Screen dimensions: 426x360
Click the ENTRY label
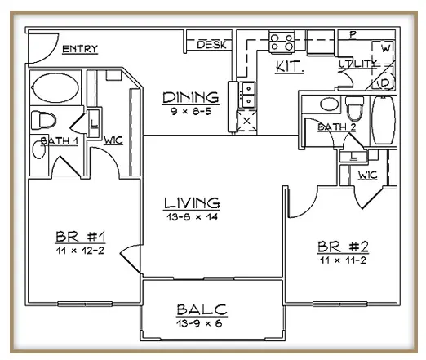point(80,49)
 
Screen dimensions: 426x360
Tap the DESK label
point(211,45)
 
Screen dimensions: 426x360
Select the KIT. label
point(290,67)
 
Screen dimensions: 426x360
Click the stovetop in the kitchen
point(282,42)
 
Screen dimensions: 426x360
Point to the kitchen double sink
point(247,95)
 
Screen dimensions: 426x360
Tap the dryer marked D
point(384,82)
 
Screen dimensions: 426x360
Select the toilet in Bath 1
point(43,120)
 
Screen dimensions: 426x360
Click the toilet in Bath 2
point(354,109)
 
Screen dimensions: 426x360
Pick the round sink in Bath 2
point(330,104)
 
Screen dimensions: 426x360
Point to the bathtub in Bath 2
point(384,120)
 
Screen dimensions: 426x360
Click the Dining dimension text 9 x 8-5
point(191,111)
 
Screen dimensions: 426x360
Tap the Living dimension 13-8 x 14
point(192,217)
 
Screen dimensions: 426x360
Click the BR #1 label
point(80,237)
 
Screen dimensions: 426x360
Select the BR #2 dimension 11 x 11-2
point(343,260)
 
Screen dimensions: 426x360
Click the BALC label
point(202,309)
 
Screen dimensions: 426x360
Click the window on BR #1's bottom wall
point(85,304)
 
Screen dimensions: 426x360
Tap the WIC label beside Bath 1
point(113,140)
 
